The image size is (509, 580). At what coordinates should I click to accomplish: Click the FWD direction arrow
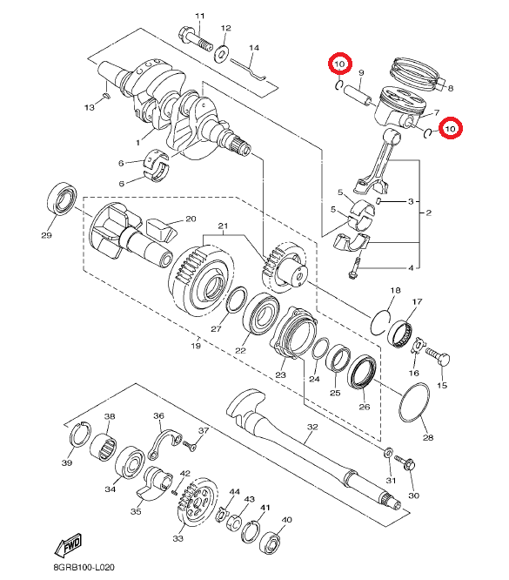point(69,545)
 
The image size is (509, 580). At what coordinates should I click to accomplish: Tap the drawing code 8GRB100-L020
point(84,567)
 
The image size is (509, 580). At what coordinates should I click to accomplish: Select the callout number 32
point(312,427)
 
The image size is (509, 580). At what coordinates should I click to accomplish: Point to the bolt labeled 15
point(439,356)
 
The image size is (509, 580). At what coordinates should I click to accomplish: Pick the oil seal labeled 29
point(62,199)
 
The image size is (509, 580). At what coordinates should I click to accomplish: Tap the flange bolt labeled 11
point(196,39)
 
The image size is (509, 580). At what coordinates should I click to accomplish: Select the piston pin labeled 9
point(358,95)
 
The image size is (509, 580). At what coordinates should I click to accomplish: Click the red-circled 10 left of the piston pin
point(340,64)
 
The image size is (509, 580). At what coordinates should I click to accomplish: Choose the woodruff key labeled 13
point(106,96)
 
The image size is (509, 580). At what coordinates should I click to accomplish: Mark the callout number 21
point(223,226)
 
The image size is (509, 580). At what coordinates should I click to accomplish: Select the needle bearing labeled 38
point(104,448)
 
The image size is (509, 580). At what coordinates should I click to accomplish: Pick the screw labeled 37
point(190,445)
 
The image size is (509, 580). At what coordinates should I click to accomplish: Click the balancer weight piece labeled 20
point(161,231)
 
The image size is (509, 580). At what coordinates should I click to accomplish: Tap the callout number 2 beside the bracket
point(428,212)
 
